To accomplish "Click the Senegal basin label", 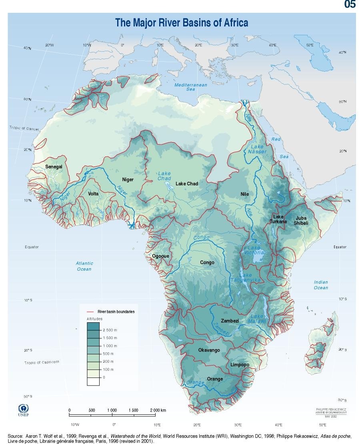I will (x=54, y=167).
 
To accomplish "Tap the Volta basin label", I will (x=93, y=194).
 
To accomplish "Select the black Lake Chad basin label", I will (x=187, y=184).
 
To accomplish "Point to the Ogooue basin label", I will (x=160, y=256).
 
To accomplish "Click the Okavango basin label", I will (x=209, y=350).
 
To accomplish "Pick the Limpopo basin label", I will (x=240, y=365).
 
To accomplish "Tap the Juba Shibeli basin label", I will (x=301, y=221).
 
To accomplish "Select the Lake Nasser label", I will (x=257, y=149).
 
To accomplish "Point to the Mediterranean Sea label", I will (x=191, y=87).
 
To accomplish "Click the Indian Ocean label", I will (x=321, y=285).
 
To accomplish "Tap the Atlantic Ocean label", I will (x=84, y=266).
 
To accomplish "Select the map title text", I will (x=182, y=22).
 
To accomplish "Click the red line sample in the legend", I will (x=92, y=311).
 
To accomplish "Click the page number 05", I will (x=350, y=5).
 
